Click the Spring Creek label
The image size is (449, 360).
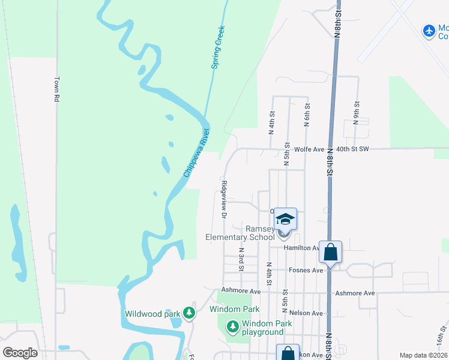click(x=218, y=47)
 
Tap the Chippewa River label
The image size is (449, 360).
click(x=197, y=152)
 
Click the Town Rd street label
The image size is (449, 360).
click(x=58, y=89)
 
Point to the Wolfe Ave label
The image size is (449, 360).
click(x=309, y=149)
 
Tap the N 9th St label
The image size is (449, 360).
click(x=356, y=112)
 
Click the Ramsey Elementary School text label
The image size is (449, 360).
click(x=240, y=233)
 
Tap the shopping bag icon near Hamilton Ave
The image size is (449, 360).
click(x=330, y=252)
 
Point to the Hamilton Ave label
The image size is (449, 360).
click(x=302, y=248)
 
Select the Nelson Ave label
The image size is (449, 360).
click(x=306, y=313)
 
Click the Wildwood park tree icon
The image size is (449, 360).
click(x=189, y=313)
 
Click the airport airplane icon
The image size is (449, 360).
click(x=429, y=31)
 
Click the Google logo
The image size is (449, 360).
click(x=20, y=352)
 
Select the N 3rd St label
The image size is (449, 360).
click(x=241, y=258)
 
